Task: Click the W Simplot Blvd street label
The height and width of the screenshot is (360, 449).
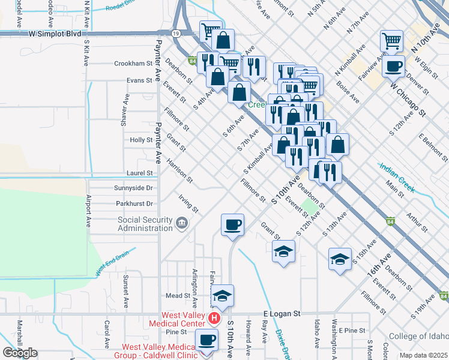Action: pos(54,34)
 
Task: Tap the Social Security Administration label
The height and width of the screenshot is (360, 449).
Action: pos(145,224)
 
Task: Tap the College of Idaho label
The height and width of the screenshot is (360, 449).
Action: pos(415,336)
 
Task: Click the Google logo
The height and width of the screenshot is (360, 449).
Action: pos(20,353)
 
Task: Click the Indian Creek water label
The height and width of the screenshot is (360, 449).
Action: pos(396,177)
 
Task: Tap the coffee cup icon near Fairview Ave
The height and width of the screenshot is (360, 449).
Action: pos(393,66)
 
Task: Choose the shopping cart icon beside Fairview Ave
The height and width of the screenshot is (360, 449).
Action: pos(391,41)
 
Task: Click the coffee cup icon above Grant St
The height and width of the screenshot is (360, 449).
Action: pos(232,224)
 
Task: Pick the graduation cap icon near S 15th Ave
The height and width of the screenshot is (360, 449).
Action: pos(340,259)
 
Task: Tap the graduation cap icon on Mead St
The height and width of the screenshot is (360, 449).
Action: pos(222,295)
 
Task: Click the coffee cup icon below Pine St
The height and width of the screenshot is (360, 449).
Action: pos(208,339)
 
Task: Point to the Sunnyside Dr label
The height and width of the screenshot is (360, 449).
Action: pos(133,188)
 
